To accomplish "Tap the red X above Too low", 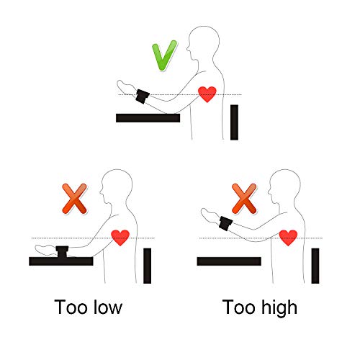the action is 74,199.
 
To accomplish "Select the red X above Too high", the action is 244,199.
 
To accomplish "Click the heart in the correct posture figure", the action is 207,94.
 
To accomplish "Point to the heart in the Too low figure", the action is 120,238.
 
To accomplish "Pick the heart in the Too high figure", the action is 288,238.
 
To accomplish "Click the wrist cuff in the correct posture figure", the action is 143,96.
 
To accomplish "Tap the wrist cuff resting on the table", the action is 62,252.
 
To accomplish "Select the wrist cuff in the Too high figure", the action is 226,223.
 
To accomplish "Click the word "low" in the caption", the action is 108,307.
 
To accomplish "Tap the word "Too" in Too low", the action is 71,307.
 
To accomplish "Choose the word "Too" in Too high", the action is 238,307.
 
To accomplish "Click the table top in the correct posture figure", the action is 148,118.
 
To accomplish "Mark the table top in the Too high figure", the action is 229,261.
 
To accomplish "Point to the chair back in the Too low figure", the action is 148,266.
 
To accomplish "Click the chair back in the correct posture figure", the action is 234,122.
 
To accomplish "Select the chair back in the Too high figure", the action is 315,266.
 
